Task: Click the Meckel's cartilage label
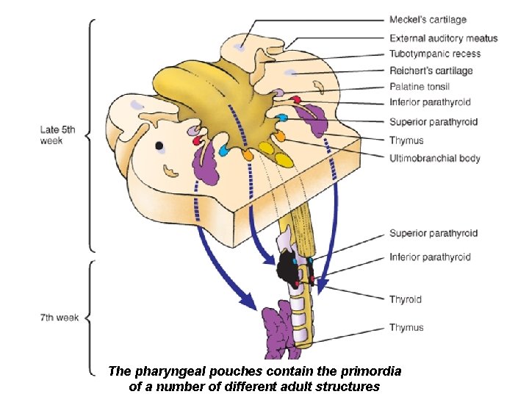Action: click(x=428, y=20)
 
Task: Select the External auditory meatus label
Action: click(x=443, y=38)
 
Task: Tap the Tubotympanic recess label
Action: click(x=435, y=54)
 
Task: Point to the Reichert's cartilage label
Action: click(x=431, y=71)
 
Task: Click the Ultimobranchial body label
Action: click(x=435, y=157)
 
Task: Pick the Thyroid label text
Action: click(x=405, y=299)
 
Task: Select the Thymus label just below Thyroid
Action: click(x=406, y=327)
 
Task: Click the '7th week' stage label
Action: click(x=60, y=318)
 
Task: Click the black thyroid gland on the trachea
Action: click(x=287, y=269)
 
